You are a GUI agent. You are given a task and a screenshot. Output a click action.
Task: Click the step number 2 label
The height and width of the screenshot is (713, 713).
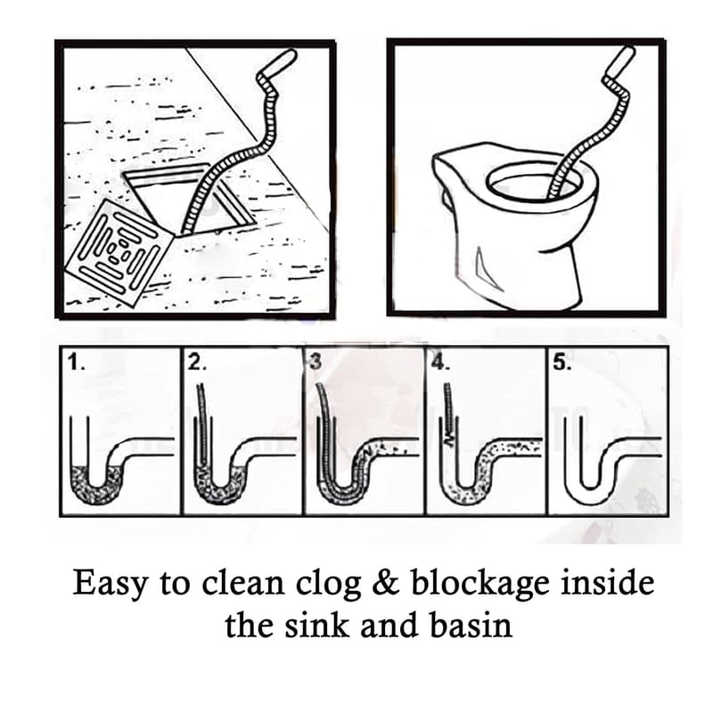[x=197, y=363]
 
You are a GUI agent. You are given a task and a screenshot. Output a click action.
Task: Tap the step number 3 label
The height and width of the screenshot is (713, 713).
[x=314, y=362]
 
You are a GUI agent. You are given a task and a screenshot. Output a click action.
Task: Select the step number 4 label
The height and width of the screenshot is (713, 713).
[x=438, y=363]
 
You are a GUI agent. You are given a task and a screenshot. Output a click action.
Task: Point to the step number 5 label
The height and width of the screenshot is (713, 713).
[x=560, y=363]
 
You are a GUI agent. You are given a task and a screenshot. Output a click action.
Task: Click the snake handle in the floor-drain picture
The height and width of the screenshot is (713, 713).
[x=282, y=63]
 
